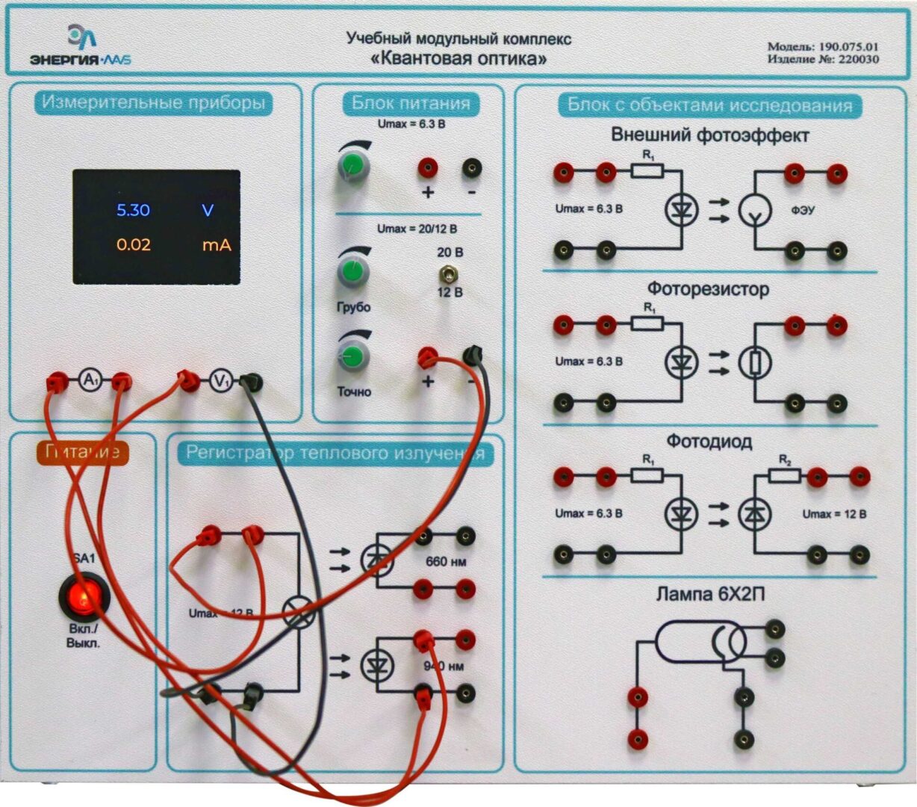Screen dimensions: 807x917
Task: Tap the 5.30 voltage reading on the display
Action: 133,210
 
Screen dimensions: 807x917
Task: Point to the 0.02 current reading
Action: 134,244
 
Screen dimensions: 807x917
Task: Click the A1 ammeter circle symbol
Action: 90,382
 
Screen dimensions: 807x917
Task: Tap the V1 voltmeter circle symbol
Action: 220,382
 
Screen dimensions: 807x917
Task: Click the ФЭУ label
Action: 803,211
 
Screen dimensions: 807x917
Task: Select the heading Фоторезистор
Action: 708,289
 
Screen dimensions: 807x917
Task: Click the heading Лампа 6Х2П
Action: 710,595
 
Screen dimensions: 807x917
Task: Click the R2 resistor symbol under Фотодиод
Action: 784,475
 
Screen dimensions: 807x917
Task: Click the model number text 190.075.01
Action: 848,46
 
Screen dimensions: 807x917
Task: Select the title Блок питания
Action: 411,103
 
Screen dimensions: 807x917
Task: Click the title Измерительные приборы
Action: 153,102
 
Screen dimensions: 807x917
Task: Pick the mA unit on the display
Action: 216,244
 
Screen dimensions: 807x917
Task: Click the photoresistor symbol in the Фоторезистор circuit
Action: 755,363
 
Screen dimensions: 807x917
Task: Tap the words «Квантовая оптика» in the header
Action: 458,58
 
